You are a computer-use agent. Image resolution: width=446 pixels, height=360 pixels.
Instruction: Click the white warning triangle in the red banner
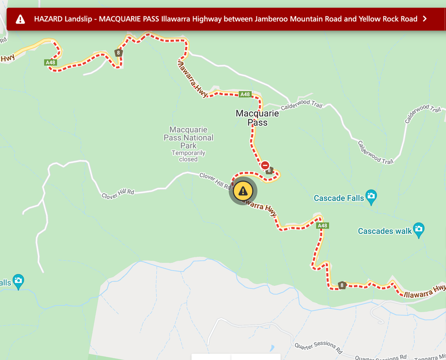click(x=21, y=19)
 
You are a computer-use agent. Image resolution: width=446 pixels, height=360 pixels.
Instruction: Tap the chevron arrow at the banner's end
click(x=425, y=19)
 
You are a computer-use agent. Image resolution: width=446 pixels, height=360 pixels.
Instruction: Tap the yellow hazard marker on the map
click(x=243, y=191)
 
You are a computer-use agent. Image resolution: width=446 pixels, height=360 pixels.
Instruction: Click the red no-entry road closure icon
click(x=265, y=165)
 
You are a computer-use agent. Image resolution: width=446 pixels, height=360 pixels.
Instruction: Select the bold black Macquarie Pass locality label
click(x=257, y=118)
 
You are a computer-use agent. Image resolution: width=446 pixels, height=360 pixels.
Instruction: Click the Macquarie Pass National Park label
click(x=188, y=138)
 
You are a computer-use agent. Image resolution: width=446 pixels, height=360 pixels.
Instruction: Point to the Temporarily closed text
click(x=188, y=156)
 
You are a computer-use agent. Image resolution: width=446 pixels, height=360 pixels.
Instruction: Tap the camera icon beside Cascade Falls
click(x=371, y=196)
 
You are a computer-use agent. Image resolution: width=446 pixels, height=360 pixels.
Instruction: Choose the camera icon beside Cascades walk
click(x=418, y=229)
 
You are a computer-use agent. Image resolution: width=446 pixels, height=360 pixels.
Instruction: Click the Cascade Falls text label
click(x=339, y=198)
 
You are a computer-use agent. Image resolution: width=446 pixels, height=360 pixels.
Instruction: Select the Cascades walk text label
click(x=382, y=231)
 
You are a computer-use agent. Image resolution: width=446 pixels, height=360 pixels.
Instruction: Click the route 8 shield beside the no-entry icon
click(x=269, y=170)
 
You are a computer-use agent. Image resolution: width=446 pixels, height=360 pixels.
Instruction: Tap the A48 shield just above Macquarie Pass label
click(x=245, y=94)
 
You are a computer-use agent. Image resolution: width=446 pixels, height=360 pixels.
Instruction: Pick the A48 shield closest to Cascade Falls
click(x=322, y=226)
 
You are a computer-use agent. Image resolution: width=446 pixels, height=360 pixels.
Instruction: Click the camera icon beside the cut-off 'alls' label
click(x=18, y=281)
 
